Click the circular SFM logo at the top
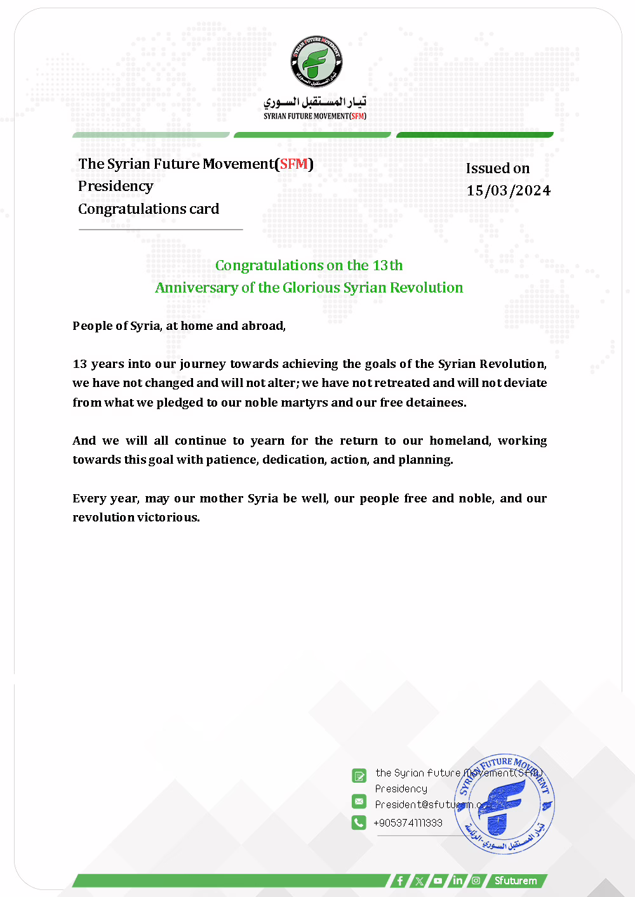[316, 62]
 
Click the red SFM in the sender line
[293, 164]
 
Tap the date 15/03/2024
[508, 191]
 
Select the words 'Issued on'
[497, 169]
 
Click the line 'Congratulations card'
[149, 209]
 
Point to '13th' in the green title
[387, 265]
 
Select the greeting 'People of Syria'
[117, 326]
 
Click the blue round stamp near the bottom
[505, 804]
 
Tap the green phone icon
[359, 823]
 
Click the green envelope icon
[359, 801]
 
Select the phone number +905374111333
[408, 823]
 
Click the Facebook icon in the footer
[399, 881]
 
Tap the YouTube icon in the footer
[438, 881]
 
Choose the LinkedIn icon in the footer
[457, 881]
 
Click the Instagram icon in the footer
[476, 881]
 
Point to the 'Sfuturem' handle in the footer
[516, 881]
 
